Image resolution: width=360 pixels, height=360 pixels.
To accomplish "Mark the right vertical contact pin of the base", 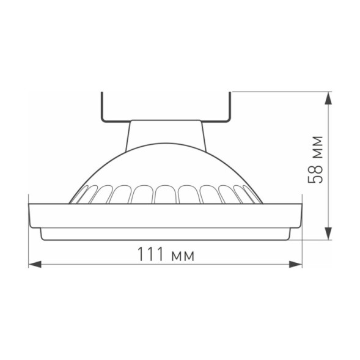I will [231, 106].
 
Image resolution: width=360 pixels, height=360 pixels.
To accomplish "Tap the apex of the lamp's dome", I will [166, 145].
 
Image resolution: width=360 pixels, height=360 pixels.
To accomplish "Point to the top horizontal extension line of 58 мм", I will [281, 92].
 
